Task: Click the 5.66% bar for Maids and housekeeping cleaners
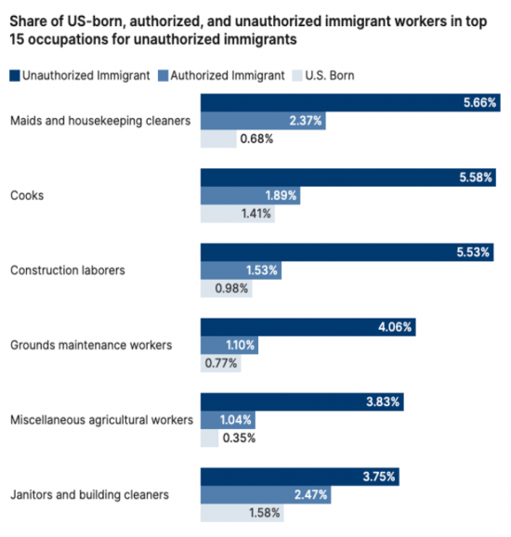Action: [350, 102]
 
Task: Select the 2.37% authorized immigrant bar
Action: [263, 121]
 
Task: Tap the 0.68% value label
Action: [256, 138]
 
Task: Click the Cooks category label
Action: [27, 195]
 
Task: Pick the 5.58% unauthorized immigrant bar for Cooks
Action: [348, 177]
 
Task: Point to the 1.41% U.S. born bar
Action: [238, 214]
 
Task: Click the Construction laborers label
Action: [68, 270]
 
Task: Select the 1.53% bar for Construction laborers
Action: [242, 270]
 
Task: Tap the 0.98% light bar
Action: [227, 288]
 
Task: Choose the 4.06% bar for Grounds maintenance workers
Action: [308, 327]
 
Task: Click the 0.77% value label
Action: [221, 363]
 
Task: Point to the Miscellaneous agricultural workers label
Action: [101, 420]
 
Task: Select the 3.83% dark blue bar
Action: [302, 401]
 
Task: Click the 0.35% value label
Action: [239, 438]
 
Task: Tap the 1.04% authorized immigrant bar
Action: [228, 420]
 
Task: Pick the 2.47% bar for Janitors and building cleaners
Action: [266, 494]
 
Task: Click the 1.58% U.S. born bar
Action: [242, 513]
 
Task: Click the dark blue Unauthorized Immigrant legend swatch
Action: [15, 75]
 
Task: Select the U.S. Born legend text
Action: [330, 75]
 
